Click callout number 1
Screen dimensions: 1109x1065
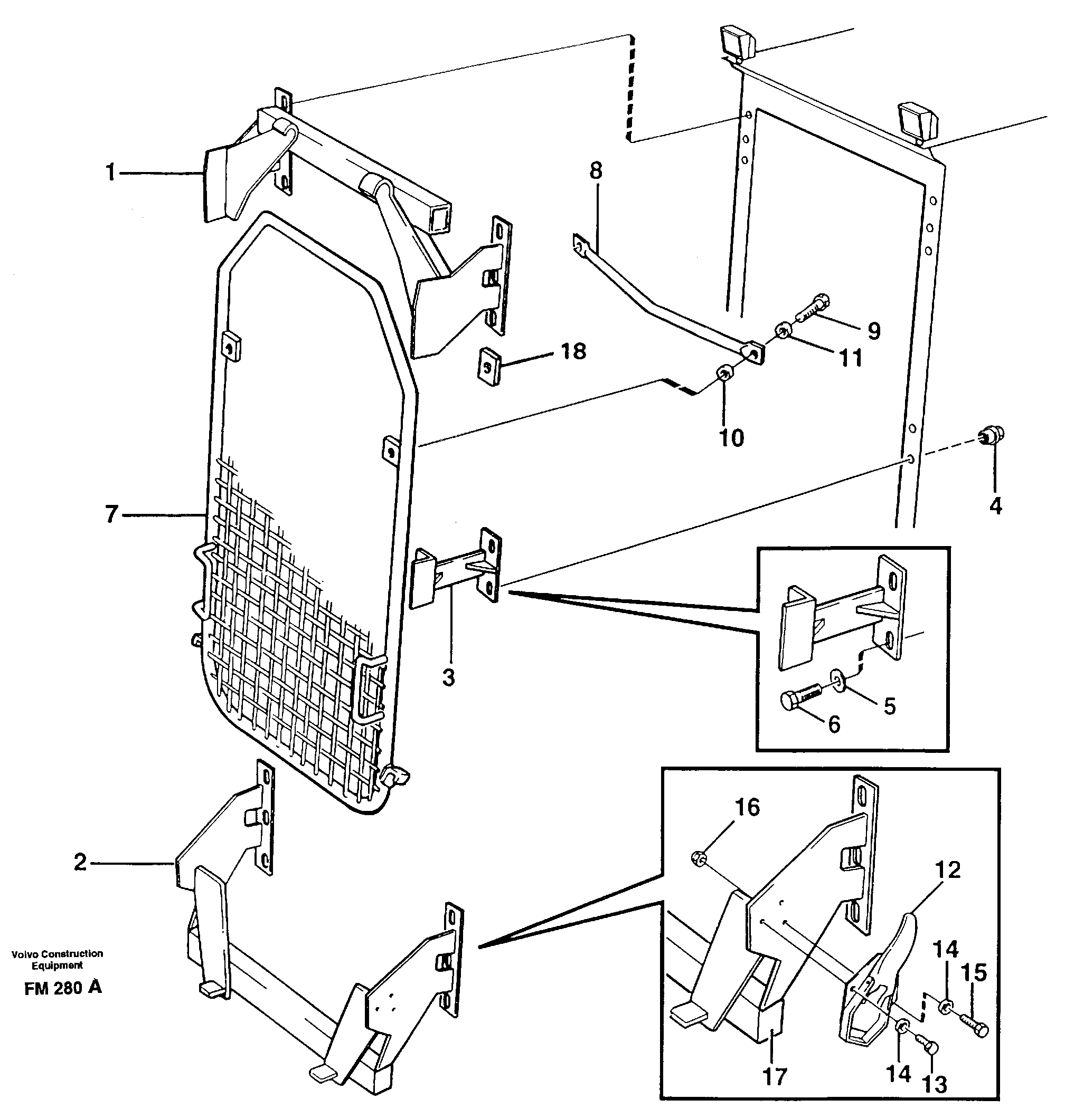coord(111,172)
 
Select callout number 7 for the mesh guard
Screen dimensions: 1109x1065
coord(111,514)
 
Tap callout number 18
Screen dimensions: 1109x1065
coord(573,351)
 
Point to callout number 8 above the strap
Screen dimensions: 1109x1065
coord(596,170)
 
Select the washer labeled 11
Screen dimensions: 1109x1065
coord(782,331)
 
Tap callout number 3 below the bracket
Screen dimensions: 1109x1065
coord(448,677)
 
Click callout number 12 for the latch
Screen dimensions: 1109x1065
coord(948,869)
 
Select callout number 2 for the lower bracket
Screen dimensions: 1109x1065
coord(80,862)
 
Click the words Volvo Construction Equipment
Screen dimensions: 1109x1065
coord(57,959)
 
